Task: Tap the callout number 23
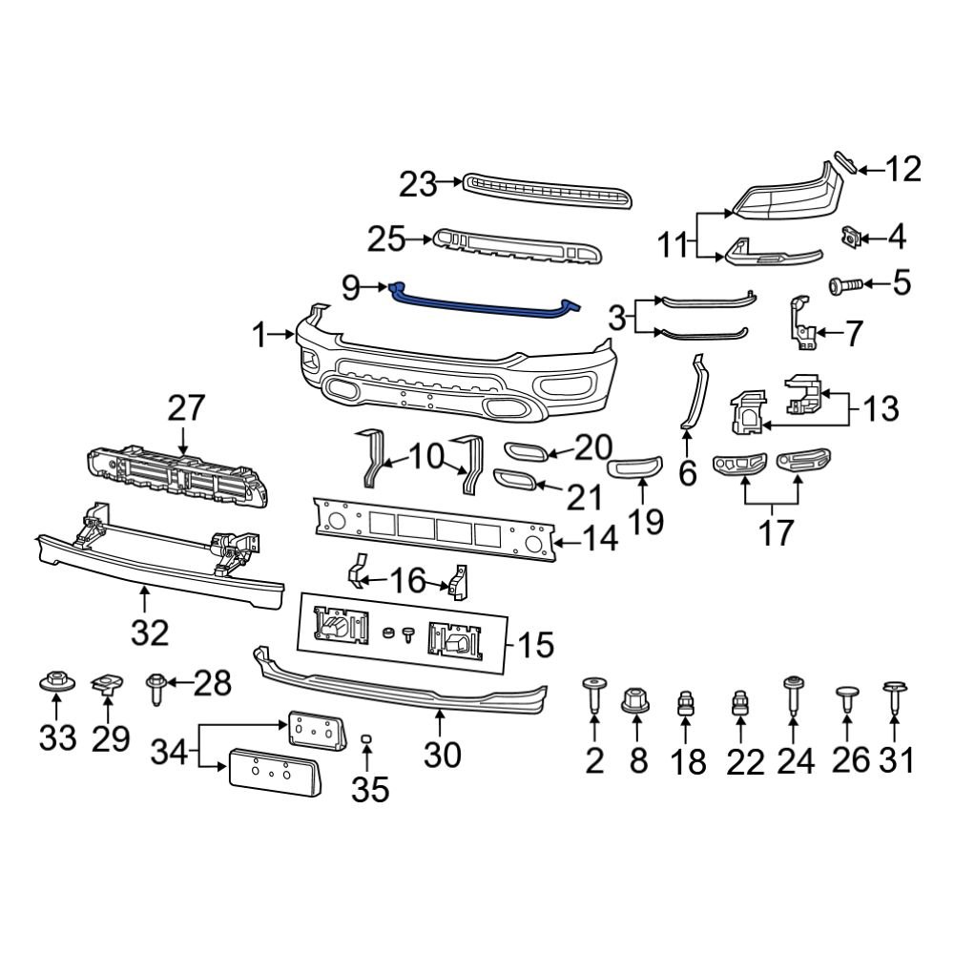pyautogui.click(x=418, y=183)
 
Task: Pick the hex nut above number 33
pyautogui.click(x=54, y=683)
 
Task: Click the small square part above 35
pyautogui.click(x=366, y=739)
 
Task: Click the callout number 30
pyautogui.click(x=443, y=755)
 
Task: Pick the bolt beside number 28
pyautogui.click(x=156, y=687)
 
